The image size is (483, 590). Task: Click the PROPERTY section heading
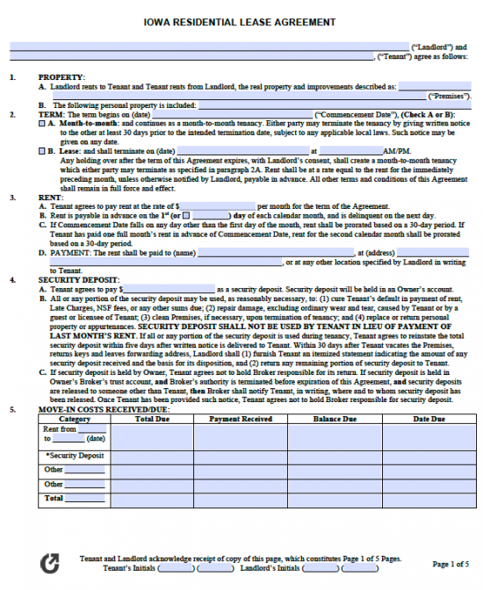tap(61, 77)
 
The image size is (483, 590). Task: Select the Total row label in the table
tap(54, 498)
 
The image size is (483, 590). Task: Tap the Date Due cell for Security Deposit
tap(429, 457)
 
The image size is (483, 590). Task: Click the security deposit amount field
tap(169, 288)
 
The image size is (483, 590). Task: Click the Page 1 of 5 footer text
tap(451, 564)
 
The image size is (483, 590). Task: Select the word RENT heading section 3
tap(50, 198)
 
